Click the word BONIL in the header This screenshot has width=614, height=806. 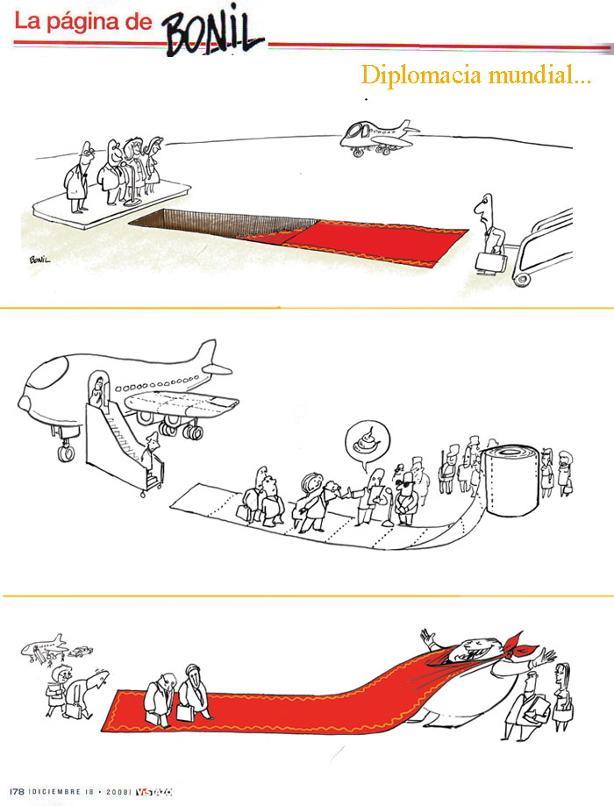click(x=214, y=32)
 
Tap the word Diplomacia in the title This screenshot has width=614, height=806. click(x=421, y=75)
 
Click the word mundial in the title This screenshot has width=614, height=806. click(x=539, y=75)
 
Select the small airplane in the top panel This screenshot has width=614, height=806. click(x=379, y=137)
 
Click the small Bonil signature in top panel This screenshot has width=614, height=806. click(x=39, y=260)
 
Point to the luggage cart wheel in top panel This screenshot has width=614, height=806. click(x=521, y=279)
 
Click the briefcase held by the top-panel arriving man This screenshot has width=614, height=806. click(x=490, y=261)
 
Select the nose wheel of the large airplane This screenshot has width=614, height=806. click(x=65, y=453)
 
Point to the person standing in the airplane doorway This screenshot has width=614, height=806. click(x=96, y=391)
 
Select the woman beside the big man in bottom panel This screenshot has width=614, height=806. click(x=562, y=696)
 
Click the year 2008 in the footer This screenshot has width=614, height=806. click(x=118, y=792)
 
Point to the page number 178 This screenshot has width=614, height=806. click(x=17, y=792)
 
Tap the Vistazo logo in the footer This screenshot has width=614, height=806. click(x=153, y=792)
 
